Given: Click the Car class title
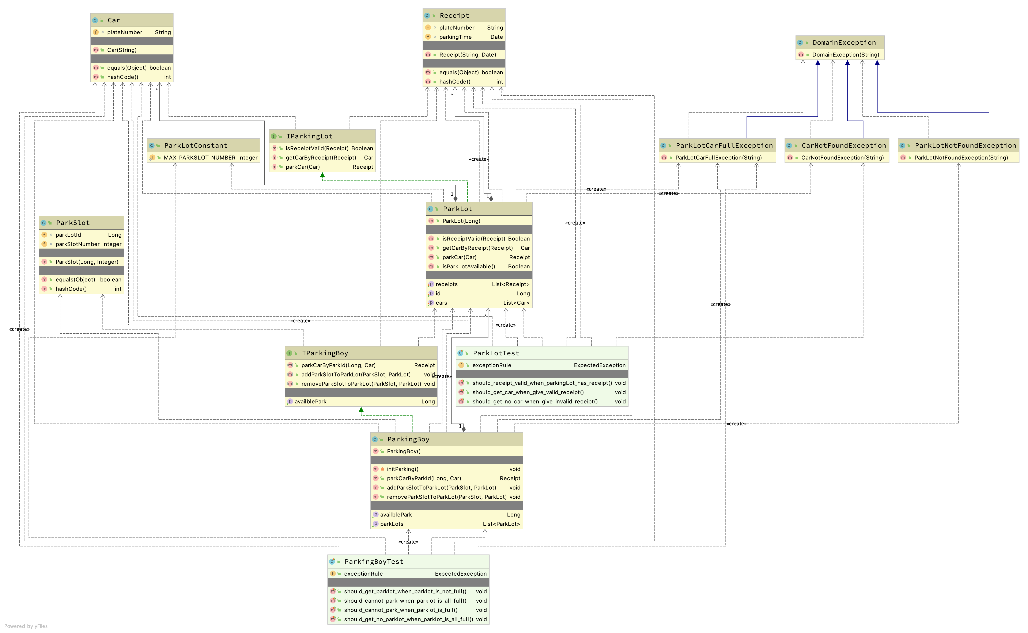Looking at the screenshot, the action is [x=114, y=20].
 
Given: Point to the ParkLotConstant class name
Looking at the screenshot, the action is [x=196, y=145].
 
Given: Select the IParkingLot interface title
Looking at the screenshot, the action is [x=309, y=136].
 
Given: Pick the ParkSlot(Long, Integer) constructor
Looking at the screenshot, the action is [x=87, y=262].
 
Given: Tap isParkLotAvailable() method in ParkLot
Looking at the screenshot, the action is [x=468, y=266].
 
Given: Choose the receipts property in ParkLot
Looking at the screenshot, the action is [x=447, y=284].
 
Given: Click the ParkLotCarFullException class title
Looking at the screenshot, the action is [x=724, y=145].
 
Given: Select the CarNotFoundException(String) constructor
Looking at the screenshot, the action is [x=842, y=157].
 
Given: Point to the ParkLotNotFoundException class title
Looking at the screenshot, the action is [x=965, y=145].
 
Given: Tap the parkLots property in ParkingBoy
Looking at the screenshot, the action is [x=392, y=524].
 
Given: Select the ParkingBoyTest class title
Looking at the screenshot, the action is [x=374, y=561].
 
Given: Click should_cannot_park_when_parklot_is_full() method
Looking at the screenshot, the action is [x=400, y=610].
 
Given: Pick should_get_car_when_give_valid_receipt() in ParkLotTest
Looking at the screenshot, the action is [x=528, y=392].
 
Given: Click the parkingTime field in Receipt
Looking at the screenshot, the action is [x=455, y=37].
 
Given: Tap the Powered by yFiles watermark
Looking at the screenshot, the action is [x=26, y=626].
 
